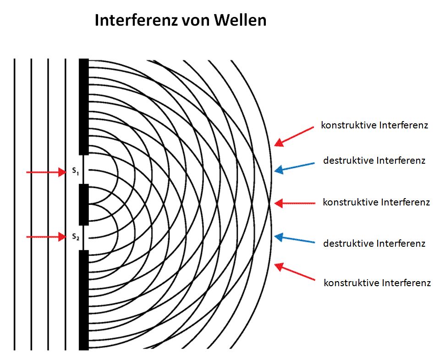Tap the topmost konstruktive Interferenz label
click(374, 125)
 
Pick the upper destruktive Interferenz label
click(374, 161)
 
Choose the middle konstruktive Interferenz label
click(376, 202)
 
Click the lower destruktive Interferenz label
click(374, 243)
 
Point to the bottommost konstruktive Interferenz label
click(377, 282)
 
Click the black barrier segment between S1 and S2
click(84, 204)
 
